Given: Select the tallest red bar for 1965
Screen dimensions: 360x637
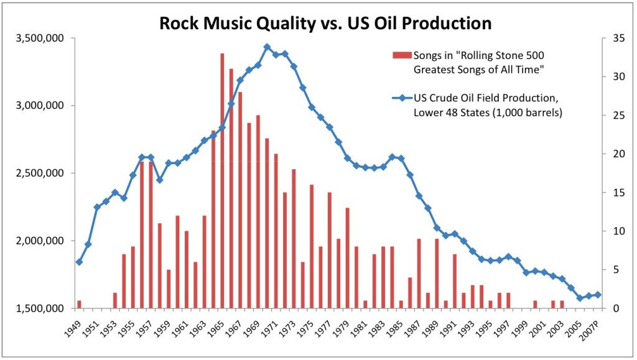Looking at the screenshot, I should (222, 180).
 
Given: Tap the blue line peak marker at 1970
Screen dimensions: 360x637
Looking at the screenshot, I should (267, 47).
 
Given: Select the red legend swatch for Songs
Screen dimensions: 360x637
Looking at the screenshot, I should (402, 56).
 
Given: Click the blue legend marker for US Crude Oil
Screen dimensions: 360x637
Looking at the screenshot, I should (402, 98).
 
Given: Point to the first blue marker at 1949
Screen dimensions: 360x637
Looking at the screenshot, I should (79, 262).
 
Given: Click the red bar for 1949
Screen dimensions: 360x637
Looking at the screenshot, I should (79, 304).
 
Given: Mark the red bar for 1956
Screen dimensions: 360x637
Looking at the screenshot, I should (142, 235).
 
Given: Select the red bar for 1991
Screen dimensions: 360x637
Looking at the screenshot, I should (455, 281).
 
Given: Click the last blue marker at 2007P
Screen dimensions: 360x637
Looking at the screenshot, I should (598, 295).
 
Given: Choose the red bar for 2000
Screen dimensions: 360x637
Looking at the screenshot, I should (535, 304).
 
